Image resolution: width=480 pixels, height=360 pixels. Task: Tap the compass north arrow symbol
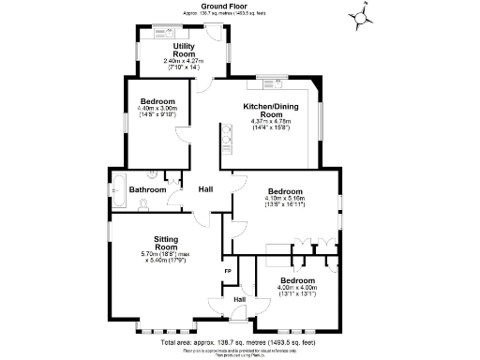[363, 16]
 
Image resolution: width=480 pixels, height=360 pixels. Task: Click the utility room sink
[159, 29]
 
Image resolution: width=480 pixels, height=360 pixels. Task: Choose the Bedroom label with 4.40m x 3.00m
[157, 100]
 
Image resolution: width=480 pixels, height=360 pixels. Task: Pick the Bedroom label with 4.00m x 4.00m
[295, 281]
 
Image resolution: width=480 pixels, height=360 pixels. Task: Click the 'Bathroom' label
[147, 190]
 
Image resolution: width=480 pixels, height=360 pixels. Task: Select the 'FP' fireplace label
[227, 272]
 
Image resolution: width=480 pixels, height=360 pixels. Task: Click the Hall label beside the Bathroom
[205, 189]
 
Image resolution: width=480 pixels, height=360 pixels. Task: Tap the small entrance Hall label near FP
[239, 299]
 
